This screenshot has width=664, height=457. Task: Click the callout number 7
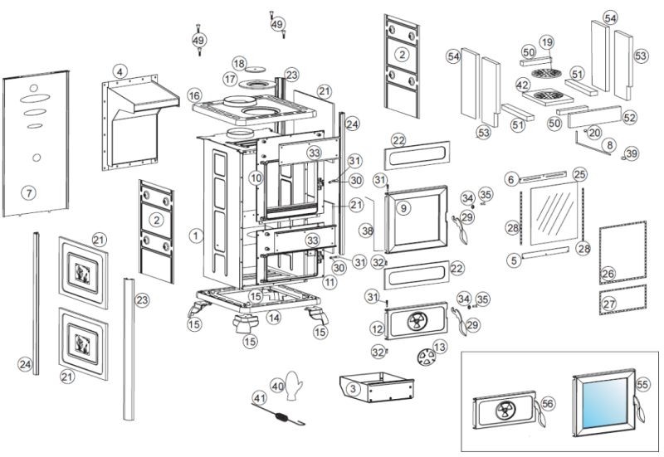pos(29,193)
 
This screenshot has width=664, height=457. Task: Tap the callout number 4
pos(120,71)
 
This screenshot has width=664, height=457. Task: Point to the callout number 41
pos(260,399)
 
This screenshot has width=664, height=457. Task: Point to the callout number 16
pos(194,96)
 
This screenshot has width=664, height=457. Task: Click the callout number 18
pos(239,64)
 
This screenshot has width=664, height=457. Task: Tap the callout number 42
pos(523,85)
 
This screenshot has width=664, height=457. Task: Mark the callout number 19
pos(546,42)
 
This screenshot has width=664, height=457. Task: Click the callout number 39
pos(632,154)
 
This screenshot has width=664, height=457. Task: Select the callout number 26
pos(608,273)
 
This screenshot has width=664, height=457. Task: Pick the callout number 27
pos(609,304)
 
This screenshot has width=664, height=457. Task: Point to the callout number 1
pos(195,236)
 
